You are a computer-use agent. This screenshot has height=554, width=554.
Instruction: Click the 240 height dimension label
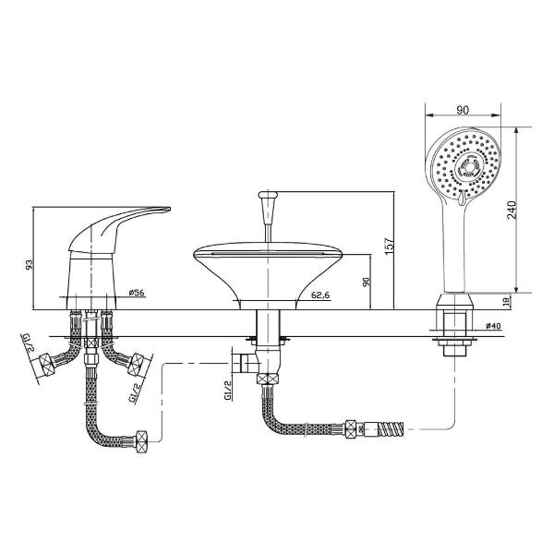[x=512, y=210]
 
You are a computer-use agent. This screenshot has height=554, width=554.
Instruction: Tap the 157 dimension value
[x=389, y=246]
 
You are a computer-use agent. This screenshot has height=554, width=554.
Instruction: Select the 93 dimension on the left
[x=29, y=265]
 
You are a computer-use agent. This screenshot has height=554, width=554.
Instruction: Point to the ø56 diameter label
[x=137, y=293]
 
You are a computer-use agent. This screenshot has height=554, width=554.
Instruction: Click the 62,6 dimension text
[x=320, y=295]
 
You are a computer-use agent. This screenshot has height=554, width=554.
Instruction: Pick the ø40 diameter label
[x=494, y=326]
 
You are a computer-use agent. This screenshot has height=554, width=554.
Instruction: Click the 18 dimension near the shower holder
[x=506, y=301]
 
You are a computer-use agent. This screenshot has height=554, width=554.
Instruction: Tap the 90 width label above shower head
[x=463, y=110]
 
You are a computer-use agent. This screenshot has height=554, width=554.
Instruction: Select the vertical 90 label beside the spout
[x=366, y=282]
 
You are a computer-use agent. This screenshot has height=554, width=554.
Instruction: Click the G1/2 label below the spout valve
[x=228, y=390]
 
